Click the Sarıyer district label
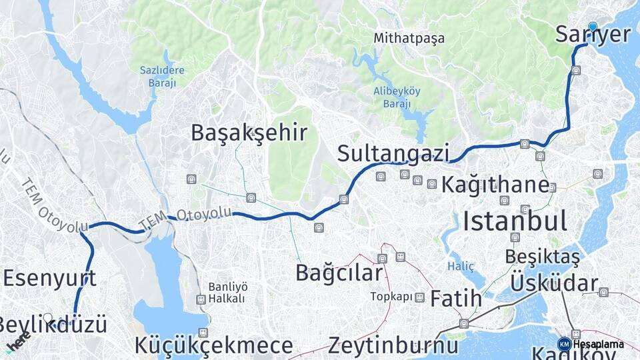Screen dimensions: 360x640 click(x=593, y=35)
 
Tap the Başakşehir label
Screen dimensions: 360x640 click(x=249, y=133)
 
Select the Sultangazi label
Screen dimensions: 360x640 click(x=393, y=153)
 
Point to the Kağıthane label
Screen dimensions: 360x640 click(x=495, y=183)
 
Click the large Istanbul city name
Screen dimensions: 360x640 click(x=515, y=221)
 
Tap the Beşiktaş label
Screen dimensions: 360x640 click(x=542, y=256)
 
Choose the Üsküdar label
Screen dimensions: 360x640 click(x=554, y=284)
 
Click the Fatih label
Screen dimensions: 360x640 click(x=455, y=299)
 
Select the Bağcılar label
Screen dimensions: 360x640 click(x=339, y=273)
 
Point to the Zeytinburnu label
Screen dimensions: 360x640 click(x=393, y=346)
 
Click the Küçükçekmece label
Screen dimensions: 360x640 click(x=213, y=346)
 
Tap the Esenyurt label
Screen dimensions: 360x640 click(x=49, y=278)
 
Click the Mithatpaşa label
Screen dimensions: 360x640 click(x=409, y=38)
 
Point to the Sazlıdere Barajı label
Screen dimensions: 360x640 click(x=161, y=77)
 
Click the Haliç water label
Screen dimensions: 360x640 click(x=461, y=267)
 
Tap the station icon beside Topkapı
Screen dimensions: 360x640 click(x=419, y=297)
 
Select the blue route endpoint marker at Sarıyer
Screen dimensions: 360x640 click(x=593, y=27)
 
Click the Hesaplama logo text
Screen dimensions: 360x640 click(x=599, y=344)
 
